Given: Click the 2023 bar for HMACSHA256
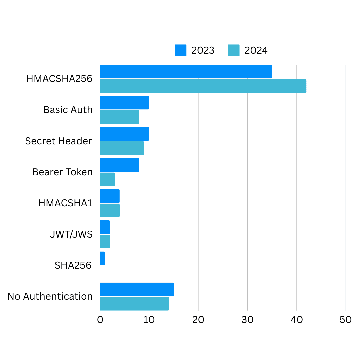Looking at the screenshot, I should click(186, 72).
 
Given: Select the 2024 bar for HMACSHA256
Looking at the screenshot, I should click(203, 86).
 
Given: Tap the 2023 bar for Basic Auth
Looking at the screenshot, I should click(124, 103).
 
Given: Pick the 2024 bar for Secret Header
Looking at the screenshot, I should click(122, 148).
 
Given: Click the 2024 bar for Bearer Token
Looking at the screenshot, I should click(107, 179).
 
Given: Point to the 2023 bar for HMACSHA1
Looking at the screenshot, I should click(110, 196).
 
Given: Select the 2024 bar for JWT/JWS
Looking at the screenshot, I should click(105, 242).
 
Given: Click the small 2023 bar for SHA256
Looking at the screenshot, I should click(102, 258).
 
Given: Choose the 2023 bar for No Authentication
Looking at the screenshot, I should click(137, 289).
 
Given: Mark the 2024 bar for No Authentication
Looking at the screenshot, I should click(134, 304).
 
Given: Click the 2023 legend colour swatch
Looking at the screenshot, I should click(180, 50).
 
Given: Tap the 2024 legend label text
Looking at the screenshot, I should click(256, 50).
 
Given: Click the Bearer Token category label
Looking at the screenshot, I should click(62, 172).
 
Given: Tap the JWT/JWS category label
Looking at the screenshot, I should click(71, 234).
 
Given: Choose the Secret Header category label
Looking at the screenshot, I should click(58, 141).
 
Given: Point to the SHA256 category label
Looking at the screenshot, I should click(73, 265).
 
